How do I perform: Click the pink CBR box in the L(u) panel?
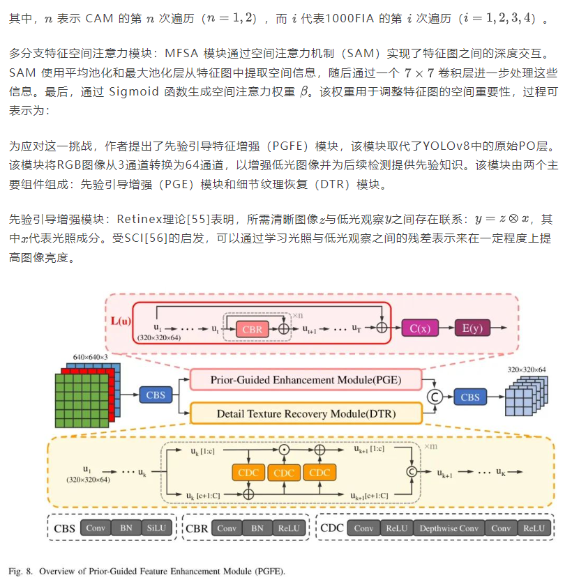pos(251,329)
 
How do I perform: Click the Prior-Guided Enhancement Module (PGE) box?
pos(306,380)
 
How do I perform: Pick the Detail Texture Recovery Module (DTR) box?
pos(306,414)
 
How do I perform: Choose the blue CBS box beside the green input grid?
pos(156,395)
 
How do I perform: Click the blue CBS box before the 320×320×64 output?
pos(470,397)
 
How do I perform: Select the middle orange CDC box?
pos(284,473)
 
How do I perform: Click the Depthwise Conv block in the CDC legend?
pos(449,528)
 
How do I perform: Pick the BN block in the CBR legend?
pos(257,528)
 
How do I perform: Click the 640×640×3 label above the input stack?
pos(91,357)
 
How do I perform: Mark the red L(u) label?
pos(121,321)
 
